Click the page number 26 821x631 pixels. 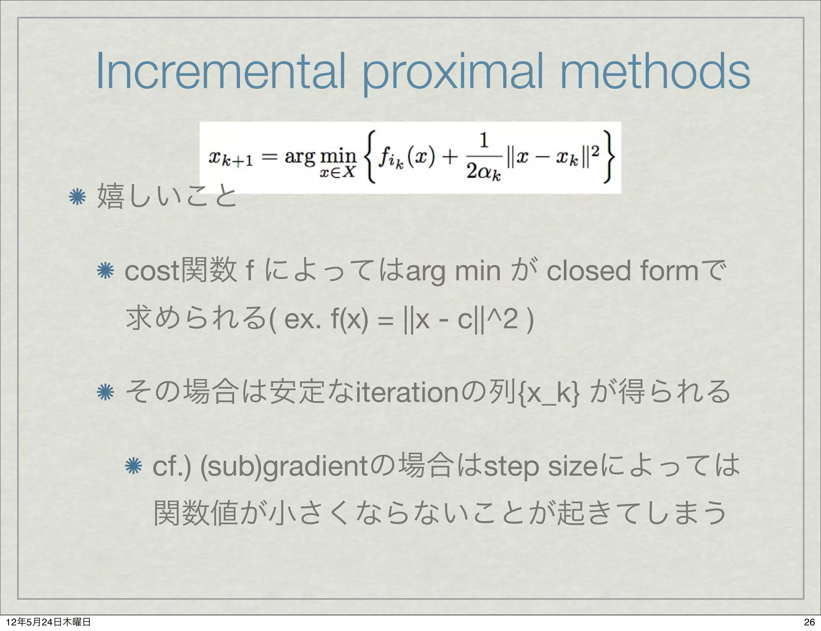pyautogui.click(x=809, y=622)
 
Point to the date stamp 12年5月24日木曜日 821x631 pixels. pyautogui.click(x=48, y=622)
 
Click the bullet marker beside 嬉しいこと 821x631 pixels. pyautogui.click(x=77, y=197)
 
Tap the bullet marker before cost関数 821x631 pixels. pyautogui.click(x=105, y=271)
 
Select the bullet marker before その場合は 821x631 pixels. pyautogui.click(x=105, y=392)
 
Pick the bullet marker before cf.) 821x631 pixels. pyautogui.click(x=133, y=466)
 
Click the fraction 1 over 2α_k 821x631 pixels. pyautogui.click(x=484, y=157)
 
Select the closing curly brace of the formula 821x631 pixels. pyautogui.click(x=608, y=157)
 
